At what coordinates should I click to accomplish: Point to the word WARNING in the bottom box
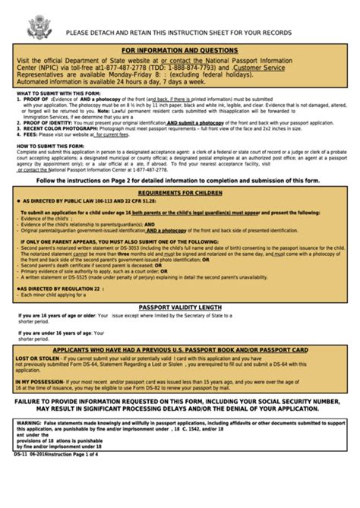click(28, 420)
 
